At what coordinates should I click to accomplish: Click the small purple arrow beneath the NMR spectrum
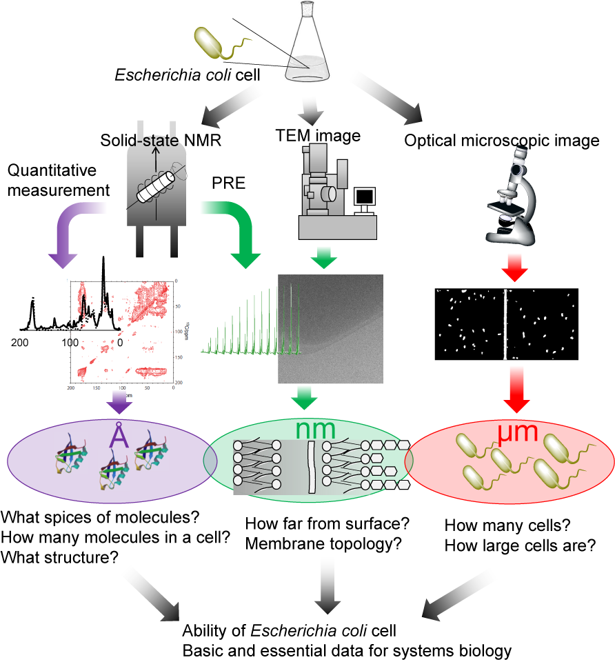(121, 403)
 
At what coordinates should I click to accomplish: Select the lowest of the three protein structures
(114, 469)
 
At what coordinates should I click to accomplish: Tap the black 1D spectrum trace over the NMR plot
(93, 310)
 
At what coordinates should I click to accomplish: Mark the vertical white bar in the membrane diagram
(310, 467)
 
